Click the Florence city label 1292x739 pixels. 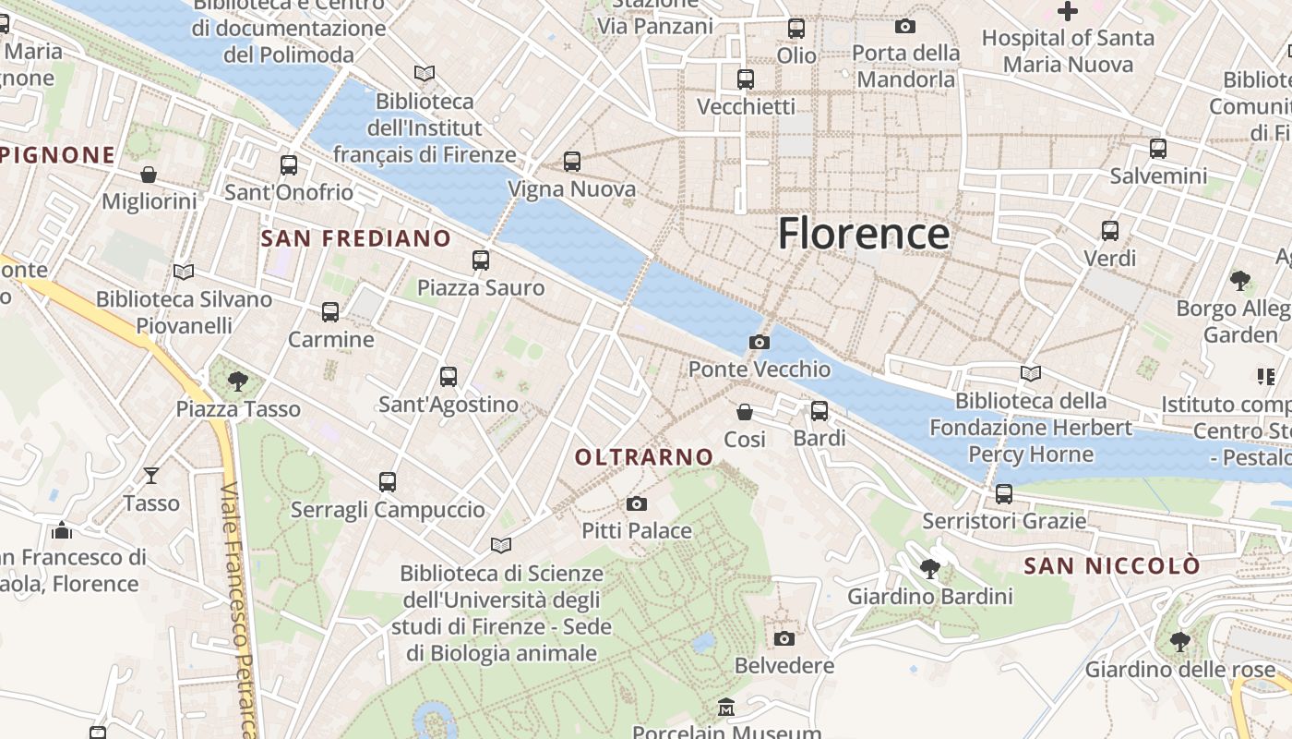point(863,234)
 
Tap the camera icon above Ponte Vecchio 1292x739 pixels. point(760,343)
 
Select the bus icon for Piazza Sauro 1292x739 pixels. point(481,260)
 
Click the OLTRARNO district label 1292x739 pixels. point(644,456)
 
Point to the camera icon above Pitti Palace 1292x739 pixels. point(636,503)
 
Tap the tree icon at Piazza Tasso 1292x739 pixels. point(238,381)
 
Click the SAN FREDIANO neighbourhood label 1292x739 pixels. point(356,238)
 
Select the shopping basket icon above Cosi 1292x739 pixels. point(745,412)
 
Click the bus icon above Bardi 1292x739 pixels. point(819,411)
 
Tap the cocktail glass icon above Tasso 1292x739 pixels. point(151,476)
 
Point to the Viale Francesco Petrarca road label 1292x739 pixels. point(238,610)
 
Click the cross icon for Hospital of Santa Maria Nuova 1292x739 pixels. point(1068,11)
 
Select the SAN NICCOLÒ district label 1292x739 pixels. point(1113,565)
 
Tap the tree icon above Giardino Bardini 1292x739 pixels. point(930,569)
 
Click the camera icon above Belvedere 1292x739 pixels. point(784,638)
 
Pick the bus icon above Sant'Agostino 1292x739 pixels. point(449,377)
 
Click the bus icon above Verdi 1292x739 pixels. point(1110,231)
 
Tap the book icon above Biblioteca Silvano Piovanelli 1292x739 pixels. point(184,272)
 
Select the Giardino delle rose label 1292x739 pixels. point(1179,668)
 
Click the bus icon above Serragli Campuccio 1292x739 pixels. point(388,482)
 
